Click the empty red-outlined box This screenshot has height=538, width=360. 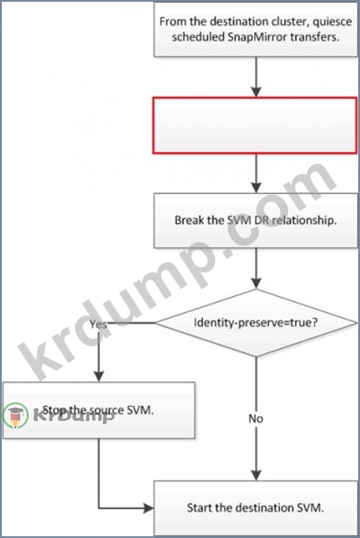[x=255, y=125]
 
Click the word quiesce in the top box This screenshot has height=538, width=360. [x=332, y=22]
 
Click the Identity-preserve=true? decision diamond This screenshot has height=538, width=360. [x=256, y=323]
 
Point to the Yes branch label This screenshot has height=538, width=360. [x=98, y=325]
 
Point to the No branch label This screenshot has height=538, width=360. [x=256, y=418]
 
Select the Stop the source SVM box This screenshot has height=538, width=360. [x=99, y=410]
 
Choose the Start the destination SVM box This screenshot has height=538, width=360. [x=255, y=508]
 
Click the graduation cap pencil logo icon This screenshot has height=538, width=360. [x=15, y=415]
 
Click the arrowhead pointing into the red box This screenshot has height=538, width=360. [x=256, y=92]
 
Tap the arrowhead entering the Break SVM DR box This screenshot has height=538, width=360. [x=256, y=187]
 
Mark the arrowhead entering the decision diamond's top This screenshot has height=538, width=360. [x=256, y=284]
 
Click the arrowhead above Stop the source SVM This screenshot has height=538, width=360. [x=99, y=377]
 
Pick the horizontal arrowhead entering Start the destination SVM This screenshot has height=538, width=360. [x=149, y=508]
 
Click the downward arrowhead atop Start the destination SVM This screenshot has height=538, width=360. [x=256, y=476]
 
